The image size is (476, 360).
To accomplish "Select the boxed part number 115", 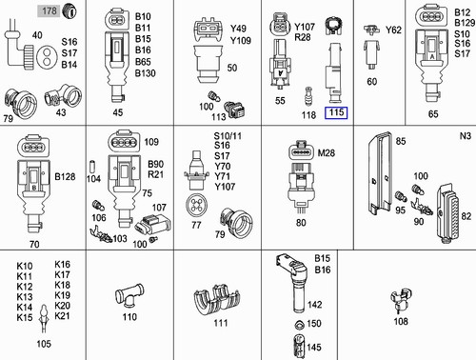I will click(336, 113).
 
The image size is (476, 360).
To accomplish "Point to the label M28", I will click(326, 153).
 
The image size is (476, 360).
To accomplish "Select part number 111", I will click(222, 323).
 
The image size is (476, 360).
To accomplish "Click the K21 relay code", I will click(63, 316).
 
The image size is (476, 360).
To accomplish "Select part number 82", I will click(466, 217).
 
